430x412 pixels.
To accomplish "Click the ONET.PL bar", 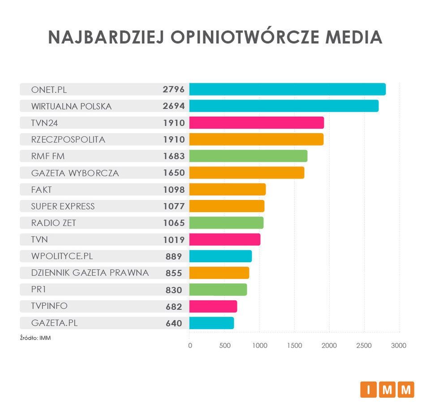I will [287, 89].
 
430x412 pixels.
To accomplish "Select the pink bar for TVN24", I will [256, 123].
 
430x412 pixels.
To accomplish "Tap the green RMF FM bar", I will [248, 156].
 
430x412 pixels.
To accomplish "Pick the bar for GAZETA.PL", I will [211, 323].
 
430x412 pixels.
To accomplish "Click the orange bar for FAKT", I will [227, 190].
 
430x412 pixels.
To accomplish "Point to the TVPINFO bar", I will [213, 306].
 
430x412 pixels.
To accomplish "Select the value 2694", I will [174, 106].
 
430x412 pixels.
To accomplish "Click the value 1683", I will [174, 156].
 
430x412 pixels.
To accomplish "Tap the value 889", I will [174, 256].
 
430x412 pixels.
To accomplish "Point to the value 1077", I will [174, 206].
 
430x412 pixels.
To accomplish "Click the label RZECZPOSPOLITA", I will [68, 139].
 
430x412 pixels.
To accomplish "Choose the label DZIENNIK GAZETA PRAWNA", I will [90, 273].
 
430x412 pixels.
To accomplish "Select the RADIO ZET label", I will [56, 223].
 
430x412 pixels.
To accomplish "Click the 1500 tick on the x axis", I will [294, 346].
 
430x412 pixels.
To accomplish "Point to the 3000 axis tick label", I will [399, 346].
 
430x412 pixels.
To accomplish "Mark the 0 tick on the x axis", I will [190, 346].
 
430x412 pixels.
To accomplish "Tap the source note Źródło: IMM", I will [35, 338].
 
